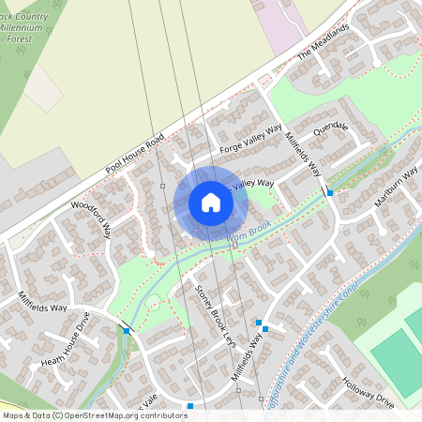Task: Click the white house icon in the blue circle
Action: [210, 203]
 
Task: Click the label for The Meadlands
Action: [323, 42]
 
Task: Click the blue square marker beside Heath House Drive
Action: [126, 330]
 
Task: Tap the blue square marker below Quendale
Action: [330, 192]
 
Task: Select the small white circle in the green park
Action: [153, 302]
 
